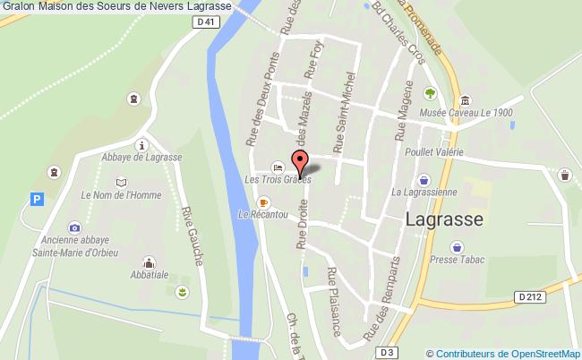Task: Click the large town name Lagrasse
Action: point(444,219)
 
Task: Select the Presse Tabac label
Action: point(457,260)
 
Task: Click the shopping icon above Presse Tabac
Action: point(458,244)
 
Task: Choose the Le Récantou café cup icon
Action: point(263,202)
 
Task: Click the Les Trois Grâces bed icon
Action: point(278,167)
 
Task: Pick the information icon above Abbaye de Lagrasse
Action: point(141,144)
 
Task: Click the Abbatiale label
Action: point(150,277)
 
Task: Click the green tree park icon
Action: point(430,93)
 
